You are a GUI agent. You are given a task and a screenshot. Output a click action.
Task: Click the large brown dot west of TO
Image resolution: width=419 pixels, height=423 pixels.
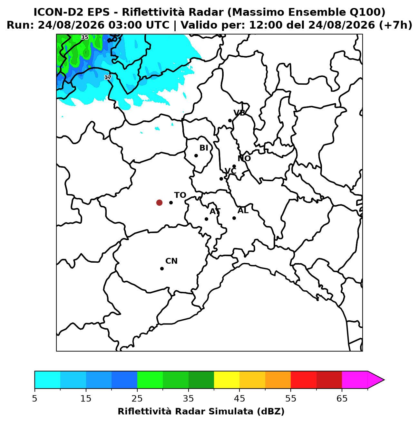pos(159,202)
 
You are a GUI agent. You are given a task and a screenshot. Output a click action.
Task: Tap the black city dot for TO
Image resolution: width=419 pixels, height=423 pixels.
pos(171,202)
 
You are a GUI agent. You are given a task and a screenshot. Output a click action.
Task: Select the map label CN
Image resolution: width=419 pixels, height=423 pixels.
pos(171,261)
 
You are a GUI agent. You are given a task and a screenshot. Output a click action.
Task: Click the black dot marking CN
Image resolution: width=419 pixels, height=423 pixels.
pos(162,269)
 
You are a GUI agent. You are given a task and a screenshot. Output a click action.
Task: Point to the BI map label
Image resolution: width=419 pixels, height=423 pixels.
pos(204,148)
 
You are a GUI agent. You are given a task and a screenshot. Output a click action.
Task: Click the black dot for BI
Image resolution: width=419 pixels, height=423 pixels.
pos(196,155)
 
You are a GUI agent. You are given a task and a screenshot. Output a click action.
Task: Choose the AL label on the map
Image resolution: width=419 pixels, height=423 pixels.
pos(243,211)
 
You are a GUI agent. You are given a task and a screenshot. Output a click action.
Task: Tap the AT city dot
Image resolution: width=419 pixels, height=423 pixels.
pos(206,219)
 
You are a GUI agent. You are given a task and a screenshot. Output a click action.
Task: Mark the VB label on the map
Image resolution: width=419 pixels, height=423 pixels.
pos(239,113)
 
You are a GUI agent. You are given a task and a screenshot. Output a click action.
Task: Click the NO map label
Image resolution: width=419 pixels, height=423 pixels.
pos(244,158)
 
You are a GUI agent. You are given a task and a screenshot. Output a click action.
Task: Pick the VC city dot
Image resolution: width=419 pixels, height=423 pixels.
pos(221,179)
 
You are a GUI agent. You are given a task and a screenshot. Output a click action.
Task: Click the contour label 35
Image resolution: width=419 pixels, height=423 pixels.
pos(85,37)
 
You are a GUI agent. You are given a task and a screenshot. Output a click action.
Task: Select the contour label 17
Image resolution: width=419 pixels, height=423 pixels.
pos(108,77)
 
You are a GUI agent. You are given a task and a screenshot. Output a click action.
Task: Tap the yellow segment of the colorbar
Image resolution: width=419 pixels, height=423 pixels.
pos(227,380)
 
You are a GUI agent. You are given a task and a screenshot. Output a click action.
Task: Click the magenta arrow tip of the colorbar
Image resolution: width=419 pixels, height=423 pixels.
pos(384,380)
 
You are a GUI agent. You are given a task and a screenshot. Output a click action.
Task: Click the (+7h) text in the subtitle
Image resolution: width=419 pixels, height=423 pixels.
pos(395,25)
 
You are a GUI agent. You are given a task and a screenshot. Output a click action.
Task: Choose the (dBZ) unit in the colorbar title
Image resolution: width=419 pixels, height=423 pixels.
pos(271,411)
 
